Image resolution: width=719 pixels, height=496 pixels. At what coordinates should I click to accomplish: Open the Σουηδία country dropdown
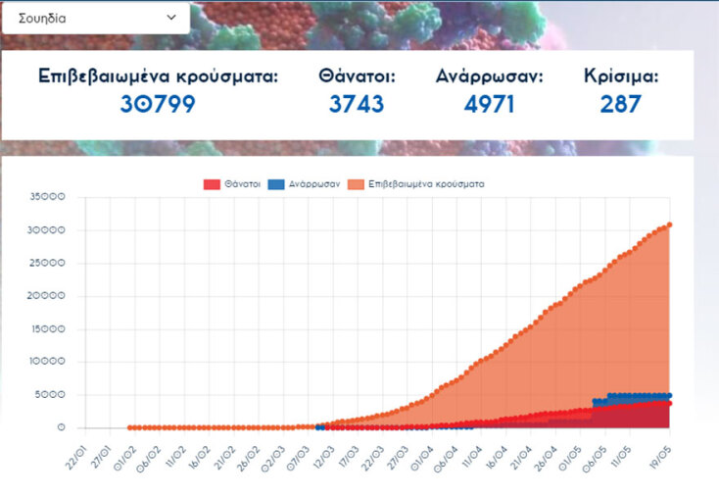point(95,18)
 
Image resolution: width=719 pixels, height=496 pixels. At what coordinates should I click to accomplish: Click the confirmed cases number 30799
point(158,104)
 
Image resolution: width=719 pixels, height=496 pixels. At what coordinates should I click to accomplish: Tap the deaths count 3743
point(357,104)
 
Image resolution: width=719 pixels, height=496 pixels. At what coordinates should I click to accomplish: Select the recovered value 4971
point(489,104)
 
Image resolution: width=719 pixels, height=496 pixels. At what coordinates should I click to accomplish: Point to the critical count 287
point(621,104)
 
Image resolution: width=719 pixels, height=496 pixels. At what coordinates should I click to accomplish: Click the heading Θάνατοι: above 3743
point(357,76)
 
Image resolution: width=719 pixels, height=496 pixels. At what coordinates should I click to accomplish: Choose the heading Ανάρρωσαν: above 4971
point(489,76)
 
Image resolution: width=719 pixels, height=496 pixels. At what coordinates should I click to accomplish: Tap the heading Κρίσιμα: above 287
point(621,76)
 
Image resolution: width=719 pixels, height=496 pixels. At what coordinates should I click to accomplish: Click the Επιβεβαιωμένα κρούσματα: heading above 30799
point(158,76)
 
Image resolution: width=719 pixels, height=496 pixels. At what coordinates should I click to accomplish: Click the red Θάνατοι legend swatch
point(211,184)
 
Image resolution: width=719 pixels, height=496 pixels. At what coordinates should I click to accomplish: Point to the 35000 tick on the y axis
point(48,197)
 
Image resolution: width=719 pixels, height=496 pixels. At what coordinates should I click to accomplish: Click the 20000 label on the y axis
point(48,296)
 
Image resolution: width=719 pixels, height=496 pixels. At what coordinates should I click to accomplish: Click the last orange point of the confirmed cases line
point(669,225)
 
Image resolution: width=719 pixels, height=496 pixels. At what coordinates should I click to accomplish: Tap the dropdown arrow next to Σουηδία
point(171,18)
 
